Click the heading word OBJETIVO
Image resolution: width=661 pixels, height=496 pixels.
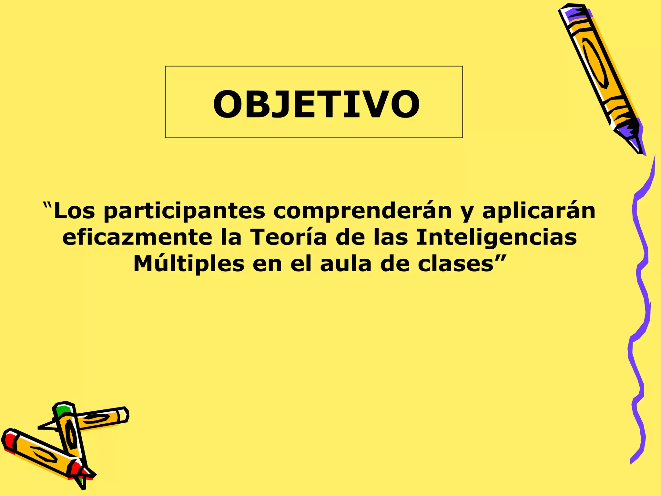click(316, 104)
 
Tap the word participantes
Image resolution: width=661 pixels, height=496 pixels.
click(185, 211)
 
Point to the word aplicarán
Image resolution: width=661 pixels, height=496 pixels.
click(539, 211)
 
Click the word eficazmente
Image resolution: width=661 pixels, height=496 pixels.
click(137, 238)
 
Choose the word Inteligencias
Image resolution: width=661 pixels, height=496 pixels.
click(496, 238)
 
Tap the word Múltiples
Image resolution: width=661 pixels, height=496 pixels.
click(189, 264)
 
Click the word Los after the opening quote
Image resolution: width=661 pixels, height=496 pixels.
click(74, 211)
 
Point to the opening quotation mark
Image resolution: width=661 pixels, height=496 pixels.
click(47, 205)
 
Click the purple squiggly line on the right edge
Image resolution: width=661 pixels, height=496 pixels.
click(641, 291)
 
